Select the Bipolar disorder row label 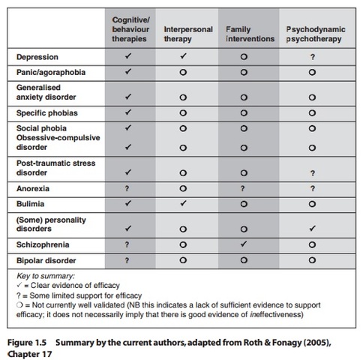[46, 260]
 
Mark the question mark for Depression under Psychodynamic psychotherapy [312, 56]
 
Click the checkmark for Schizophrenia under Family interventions [244, 244]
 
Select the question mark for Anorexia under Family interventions [244, 189]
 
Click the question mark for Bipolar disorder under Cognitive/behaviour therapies [128, 260]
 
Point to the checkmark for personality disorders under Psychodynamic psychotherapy [312, 227]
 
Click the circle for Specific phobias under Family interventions [244, 112]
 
